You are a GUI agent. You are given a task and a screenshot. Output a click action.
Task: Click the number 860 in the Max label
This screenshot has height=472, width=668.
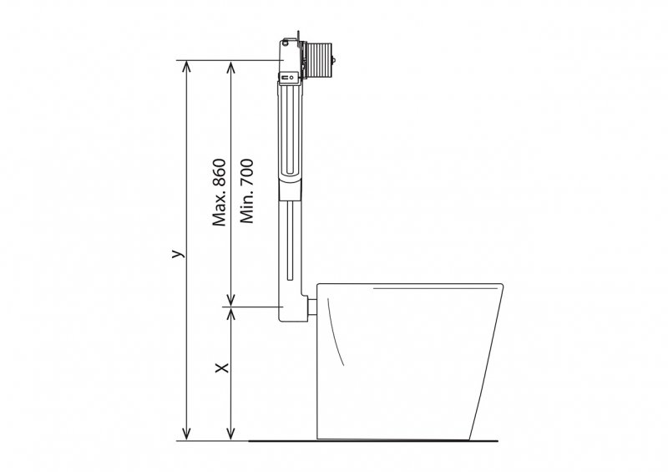219,173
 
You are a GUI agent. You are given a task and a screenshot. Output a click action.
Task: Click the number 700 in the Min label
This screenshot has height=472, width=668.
246,174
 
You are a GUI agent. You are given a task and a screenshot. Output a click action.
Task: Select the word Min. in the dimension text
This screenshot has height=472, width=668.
246,208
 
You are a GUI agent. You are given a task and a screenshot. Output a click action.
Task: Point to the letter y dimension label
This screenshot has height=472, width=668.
178,253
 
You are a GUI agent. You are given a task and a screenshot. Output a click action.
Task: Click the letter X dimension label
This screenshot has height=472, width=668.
222,368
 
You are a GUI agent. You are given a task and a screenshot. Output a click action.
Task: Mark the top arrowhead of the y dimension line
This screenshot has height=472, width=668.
186,67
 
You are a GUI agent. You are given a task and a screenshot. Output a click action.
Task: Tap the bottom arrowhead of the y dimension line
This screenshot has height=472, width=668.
186,434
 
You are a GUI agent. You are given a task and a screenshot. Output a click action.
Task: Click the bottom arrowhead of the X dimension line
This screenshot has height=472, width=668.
230,434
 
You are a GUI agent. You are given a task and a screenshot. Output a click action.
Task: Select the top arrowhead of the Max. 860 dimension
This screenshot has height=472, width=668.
230,67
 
